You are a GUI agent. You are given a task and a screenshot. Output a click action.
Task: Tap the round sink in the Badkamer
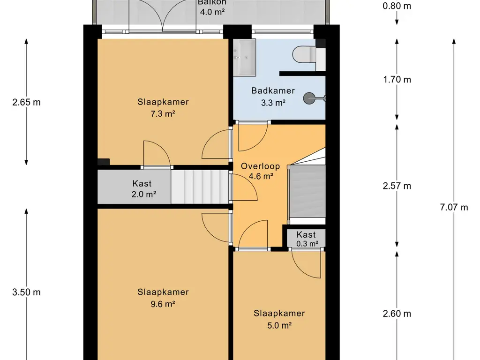309,98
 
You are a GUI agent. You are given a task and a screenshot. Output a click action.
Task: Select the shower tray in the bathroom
245,57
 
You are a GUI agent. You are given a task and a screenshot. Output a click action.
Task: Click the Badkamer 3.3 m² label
273,97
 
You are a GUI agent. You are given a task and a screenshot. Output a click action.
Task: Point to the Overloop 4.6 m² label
261,171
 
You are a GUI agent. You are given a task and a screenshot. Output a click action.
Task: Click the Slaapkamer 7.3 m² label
163,108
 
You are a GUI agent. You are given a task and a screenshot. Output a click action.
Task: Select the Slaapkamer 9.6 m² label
163,298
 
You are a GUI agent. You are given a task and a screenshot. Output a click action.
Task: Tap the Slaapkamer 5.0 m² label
279,319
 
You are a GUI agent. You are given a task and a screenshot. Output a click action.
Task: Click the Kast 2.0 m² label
143,189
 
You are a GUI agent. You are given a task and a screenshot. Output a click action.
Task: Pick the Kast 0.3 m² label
307,239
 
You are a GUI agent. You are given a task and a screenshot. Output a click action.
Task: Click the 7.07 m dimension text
454,208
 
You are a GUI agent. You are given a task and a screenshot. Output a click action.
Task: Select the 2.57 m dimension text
397,186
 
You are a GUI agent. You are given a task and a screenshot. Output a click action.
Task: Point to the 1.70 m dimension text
397,80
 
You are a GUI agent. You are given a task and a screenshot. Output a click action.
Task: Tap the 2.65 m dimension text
26,102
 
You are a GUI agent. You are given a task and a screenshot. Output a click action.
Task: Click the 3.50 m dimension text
26,292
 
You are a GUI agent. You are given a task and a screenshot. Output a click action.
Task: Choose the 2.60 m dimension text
397,314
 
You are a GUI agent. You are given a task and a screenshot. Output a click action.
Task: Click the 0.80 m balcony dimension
397,6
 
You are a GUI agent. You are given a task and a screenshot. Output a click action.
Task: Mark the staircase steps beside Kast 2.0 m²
200,187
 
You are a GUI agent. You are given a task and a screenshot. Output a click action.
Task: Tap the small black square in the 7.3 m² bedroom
104,162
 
